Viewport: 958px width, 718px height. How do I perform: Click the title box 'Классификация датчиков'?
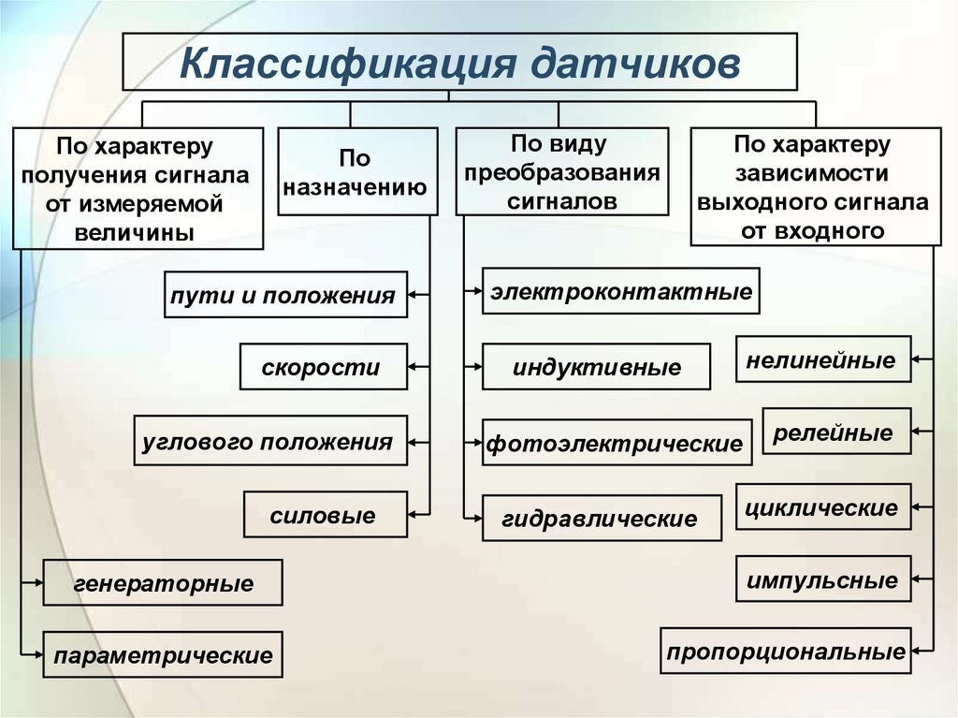[460, 63]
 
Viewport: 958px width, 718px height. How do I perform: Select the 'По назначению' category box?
[357, 171]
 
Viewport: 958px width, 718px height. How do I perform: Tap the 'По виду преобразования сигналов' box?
[561, 172]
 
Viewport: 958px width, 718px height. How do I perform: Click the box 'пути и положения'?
[285, 295]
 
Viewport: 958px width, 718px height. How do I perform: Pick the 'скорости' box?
[323, 367]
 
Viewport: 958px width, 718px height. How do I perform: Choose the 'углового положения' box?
[269, 441]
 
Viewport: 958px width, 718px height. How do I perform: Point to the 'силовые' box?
[325, 515]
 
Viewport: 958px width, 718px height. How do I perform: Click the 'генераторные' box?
[163, 583]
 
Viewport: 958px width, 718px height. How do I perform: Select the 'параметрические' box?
[163, 654]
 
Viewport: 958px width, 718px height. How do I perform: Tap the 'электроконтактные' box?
[621, 291]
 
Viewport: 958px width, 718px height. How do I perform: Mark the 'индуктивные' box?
[596, 367]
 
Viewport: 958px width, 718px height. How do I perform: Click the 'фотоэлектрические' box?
[617, 443]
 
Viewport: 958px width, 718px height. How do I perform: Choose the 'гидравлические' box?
[602, 519]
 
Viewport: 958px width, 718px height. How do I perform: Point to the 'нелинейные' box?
[822, 359]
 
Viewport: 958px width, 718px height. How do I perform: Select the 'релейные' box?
[835, 432]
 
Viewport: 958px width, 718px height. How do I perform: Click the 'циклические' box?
[822, 507]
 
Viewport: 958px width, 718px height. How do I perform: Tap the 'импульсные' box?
[822, 579]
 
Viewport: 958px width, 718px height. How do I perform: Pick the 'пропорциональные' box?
[786, 651]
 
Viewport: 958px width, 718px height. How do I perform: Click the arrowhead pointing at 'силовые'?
[414, 514]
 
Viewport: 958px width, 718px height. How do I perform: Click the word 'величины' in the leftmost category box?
[136, 233]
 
